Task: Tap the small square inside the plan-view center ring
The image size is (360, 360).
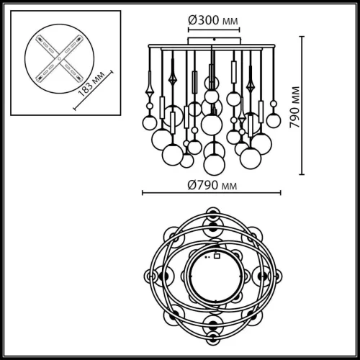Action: (215, 254)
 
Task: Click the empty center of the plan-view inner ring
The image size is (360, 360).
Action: (212, 277)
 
